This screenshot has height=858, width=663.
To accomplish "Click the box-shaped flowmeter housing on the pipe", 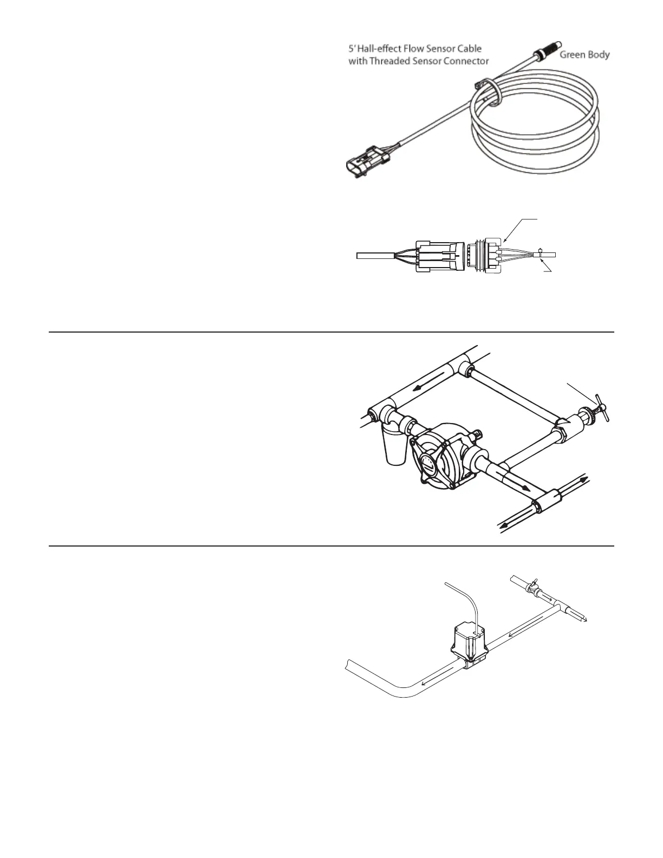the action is pos(470,645).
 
